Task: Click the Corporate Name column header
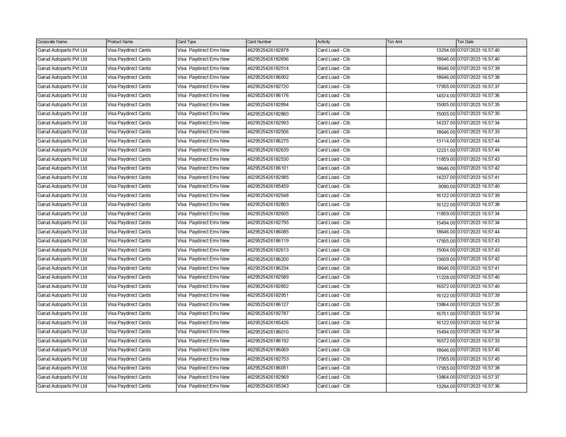point(52,42)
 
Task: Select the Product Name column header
point(120,42)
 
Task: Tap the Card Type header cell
point(187,42)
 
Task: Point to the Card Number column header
point(259,42)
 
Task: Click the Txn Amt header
point(395,42)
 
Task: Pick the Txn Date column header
point(465,42)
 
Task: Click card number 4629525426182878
point(268,50)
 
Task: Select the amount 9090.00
point(447,187)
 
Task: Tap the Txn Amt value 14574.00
point(446,96)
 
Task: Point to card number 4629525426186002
point(268,77)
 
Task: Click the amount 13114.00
point(446,141)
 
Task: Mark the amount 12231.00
point(446,150)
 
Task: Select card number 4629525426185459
point(268,186)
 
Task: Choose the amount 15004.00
point(446,250)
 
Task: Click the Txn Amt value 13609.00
point(446,259)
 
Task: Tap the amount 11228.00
point(446,278)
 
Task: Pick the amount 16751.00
point(446,314)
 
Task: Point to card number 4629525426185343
point(268,386)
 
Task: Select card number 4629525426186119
point(268,241)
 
